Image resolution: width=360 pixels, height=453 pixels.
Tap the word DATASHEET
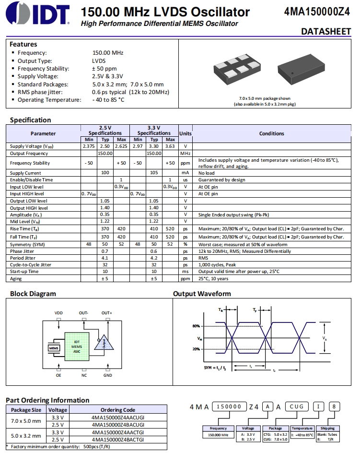pyautogui.click(x=326, y=32)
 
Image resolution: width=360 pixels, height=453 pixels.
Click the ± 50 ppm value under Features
pyautogui.click(x=104, y=69)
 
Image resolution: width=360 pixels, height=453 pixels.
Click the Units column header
pyautogui.click(x=185, y=133)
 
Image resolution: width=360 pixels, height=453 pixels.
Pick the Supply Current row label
pyautogui.click(x=25, y=173)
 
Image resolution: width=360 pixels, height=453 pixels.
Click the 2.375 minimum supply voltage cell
pyautogui.click(x=88, y=146)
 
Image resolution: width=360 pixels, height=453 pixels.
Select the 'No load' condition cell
pyautogui.click(x=206, y=173)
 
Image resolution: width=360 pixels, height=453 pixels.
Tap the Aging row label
pyautogui.click(x=16, y=278)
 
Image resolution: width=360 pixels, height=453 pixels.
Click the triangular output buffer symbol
pyautogui.click(x=104, y=343)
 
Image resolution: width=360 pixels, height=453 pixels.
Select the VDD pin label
pyautogui.click(x=58, y=313)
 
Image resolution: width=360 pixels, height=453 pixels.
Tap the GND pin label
pyautogui.click(x=107, y=375)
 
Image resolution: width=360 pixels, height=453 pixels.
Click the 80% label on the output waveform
pyautogui.click(x=196, y=326)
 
